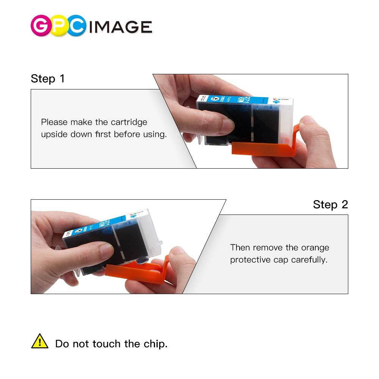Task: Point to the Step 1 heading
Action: (x=48, y=79)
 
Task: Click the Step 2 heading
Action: (x=330, y=205)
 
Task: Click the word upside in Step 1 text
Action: (x=54, y=135)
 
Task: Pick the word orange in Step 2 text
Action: (x=315, y=247)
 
